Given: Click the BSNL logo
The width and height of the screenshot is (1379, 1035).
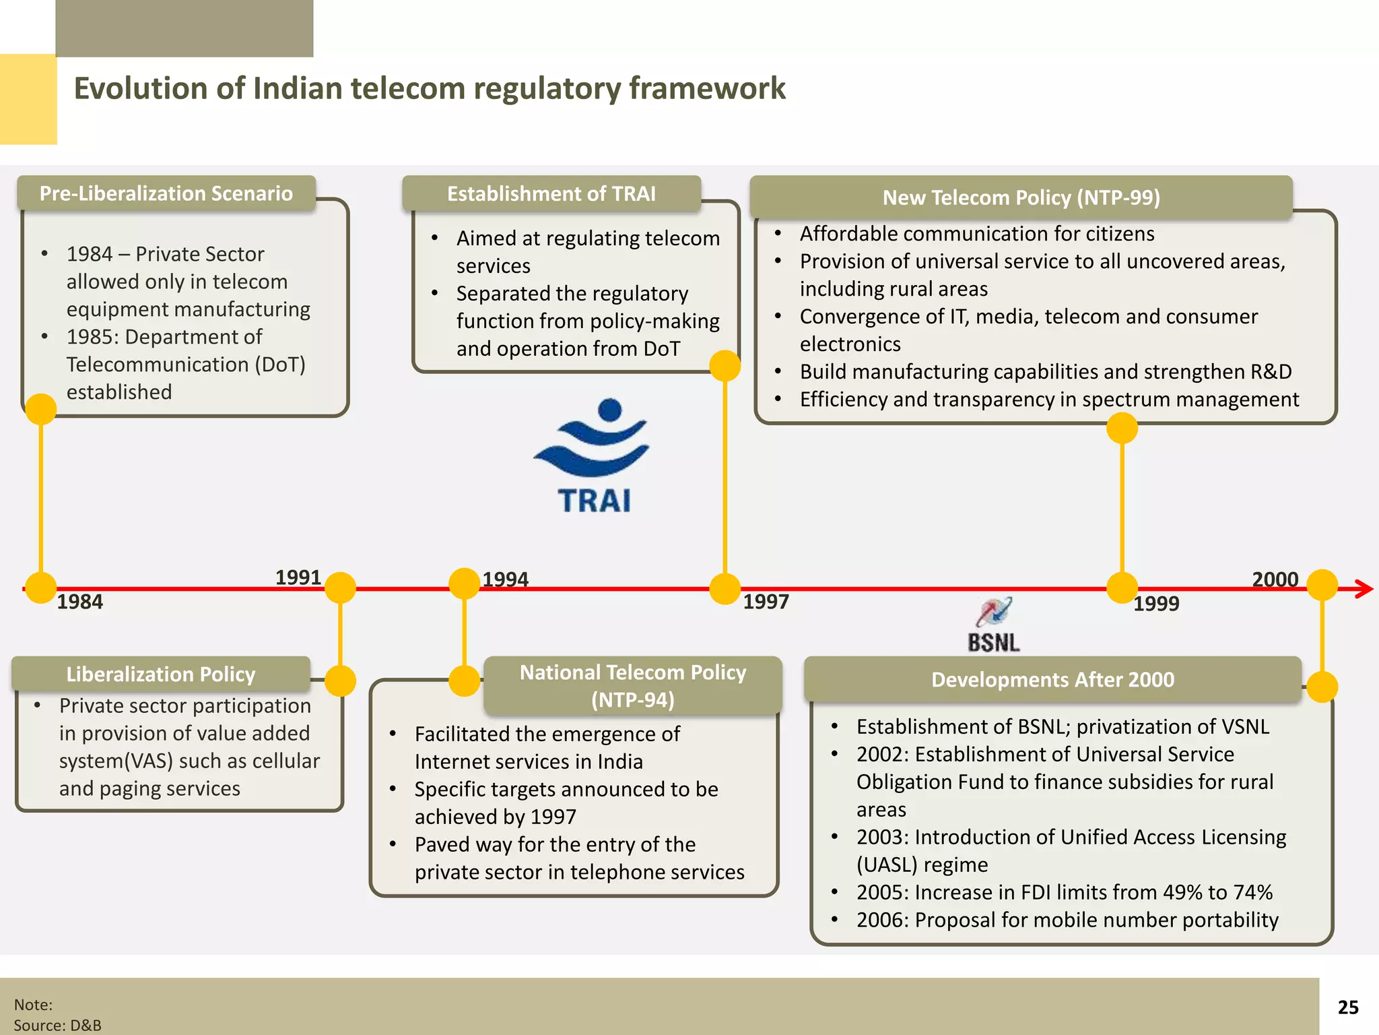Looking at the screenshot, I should (994, 625).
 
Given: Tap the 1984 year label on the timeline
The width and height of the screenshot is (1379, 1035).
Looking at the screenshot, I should (79, 602).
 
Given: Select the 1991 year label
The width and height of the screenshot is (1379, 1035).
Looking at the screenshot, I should (298, 577).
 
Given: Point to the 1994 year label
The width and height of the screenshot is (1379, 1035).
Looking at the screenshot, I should (505, 579).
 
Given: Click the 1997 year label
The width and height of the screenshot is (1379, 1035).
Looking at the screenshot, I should (766, 602).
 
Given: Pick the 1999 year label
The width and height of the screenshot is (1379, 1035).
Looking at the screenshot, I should (1156, 604).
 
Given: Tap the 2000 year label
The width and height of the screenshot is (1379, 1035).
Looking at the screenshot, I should (1275, 579).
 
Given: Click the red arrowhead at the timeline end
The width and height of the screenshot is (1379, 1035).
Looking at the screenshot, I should (1364, 589).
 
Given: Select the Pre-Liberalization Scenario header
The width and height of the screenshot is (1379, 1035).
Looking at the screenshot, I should (166, 194).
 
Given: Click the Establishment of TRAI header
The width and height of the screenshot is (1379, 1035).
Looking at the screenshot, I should (551, 194).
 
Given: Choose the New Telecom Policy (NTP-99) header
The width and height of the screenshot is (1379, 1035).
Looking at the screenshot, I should (1021, 197).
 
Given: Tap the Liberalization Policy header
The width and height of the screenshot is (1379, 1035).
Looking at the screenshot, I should (161, 675).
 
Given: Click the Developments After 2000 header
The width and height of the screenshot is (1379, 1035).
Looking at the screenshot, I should (1052, 680).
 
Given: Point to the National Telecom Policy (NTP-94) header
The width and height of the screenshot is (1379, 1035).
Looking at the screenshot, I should (633, 686).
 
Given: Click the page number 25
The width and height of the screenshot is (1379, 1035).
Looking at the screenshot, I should (1347, 1007).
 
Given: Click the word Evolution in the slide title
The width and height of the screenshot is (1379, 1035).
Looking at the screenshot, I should (139, 89).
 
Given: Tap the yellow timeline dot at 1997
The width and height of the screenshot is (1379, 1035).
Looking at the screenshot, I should (725, 589).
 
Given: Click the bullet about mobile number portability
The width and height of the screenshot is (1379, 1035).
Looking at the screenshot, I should (1067, 920).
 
